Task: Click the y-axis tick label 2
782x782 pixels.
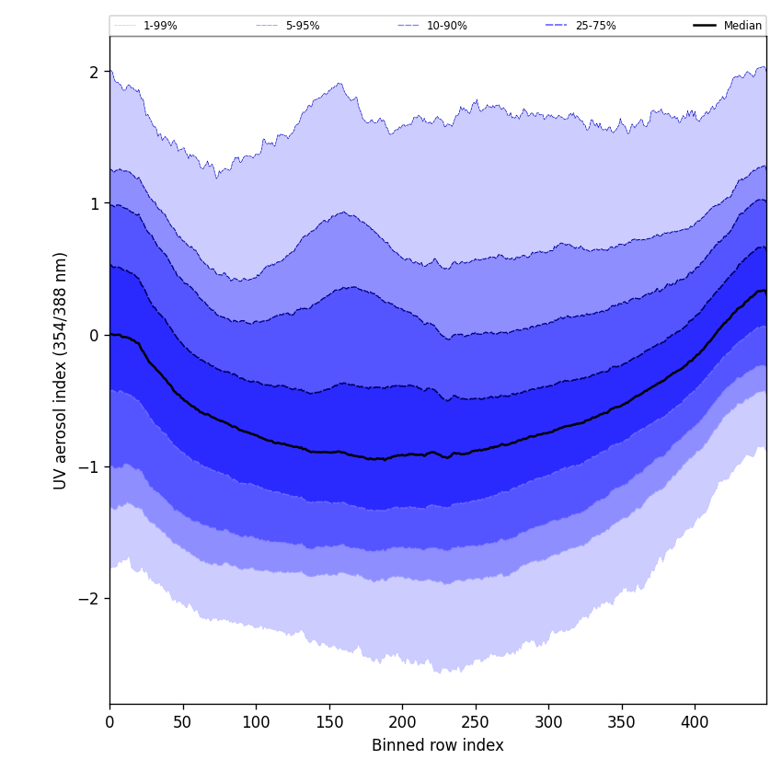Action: (x=94, y=72)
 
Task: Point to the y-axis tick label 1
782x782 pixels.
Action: (x=94, y=203)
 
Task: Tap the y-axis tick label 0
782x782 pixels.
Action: (x=94, y=335)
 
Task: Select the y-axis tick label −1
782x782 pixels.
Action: (x=89, y=466)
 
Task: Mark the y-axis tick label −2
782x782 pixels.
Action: (x=89, y=598)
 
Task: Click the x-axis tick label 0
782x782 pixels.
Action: (x=109, y=722)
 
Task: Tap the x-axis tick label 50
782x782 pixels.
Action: (x=183, y=722)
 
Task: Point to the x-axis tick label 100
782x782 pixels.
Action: (x=256, y=722)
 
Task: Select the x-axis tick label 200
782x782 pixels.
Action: (x=402, y=722)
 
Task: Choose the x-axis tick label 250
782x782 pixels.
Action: (x=476, y=722)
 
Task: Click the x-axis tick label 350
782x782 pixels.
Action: (x=622, y=722)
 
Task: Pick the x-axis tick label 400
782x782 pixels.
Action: (x=695, y=722)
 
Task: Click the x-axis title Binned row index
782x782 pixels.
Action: (x=438, y=745)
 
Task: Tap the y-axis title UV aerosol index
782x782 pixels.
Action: (x=61, y=370)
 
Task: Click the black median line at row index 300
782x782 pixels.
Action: (x=548, y=432)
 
